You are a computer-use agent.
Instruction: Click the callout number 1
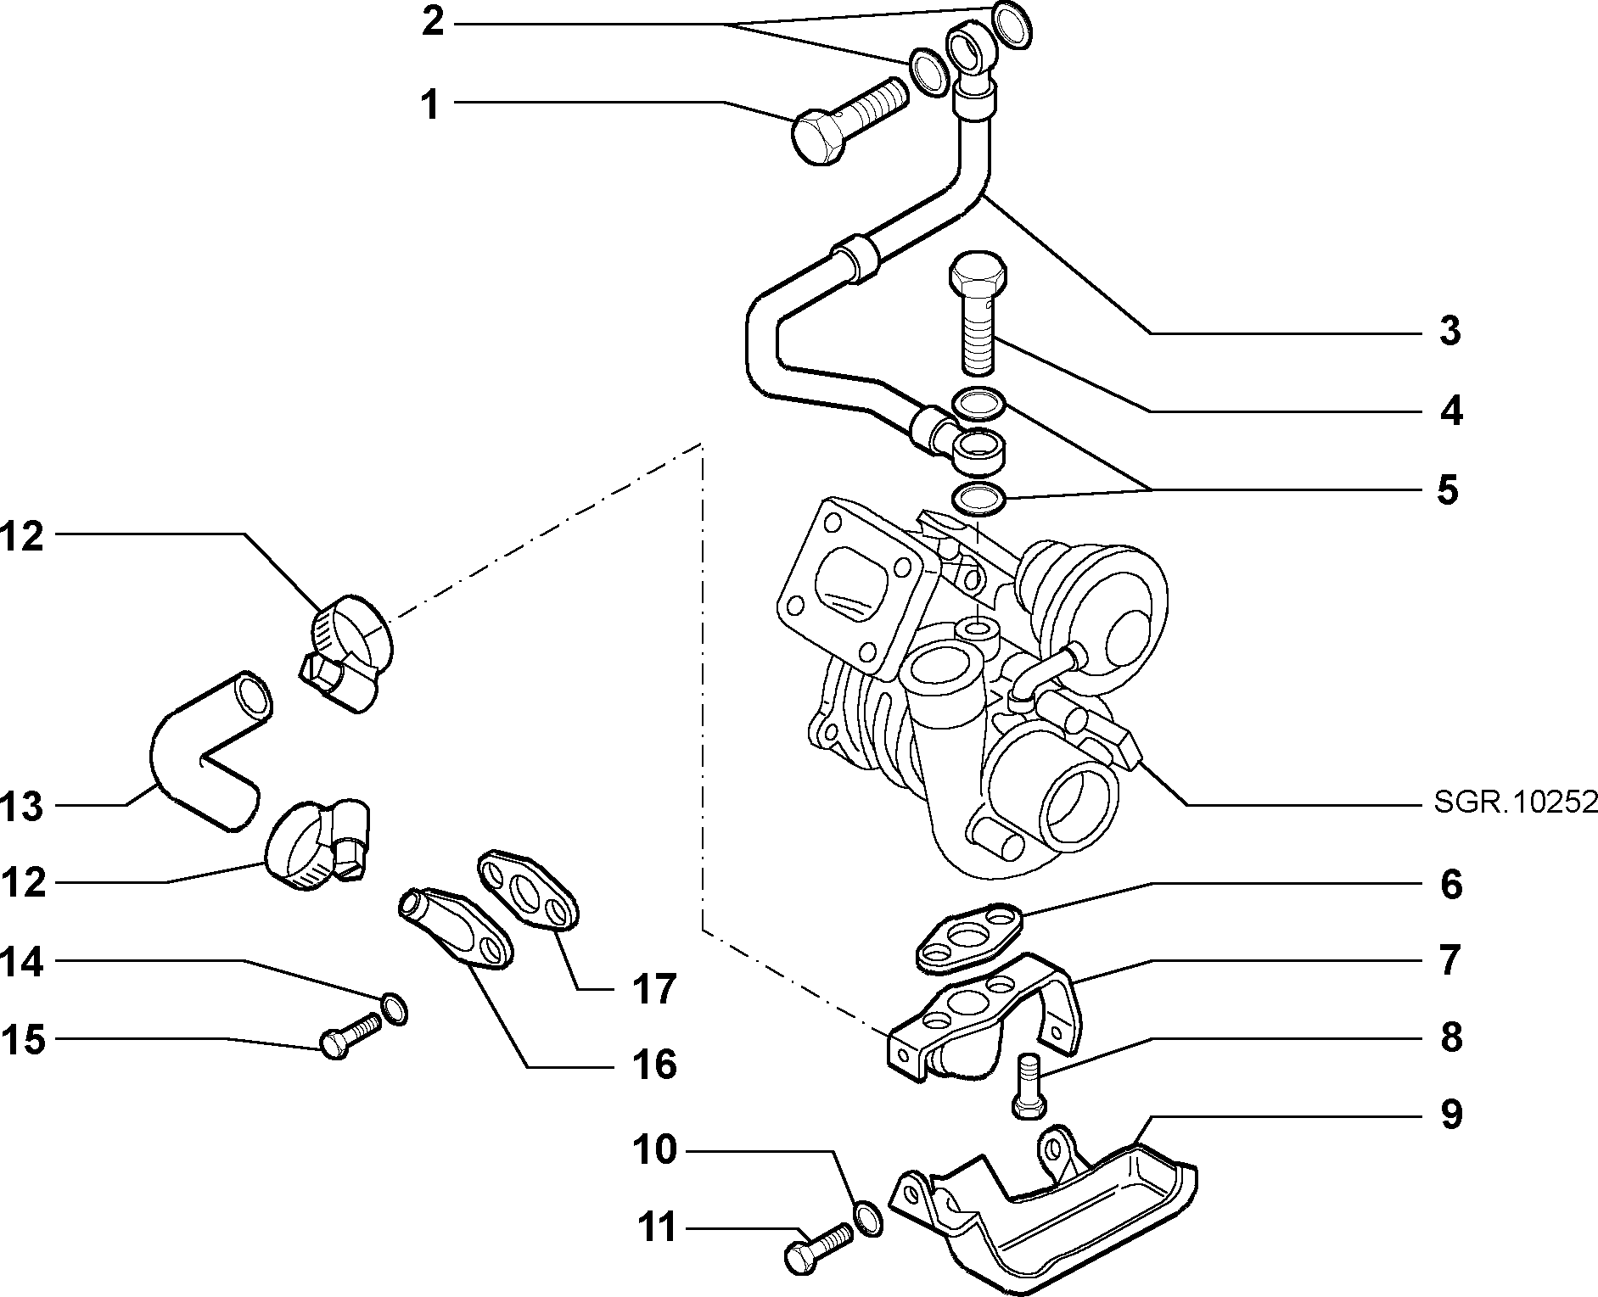click(431, 105)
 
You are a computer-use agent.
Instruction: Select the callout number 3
click(1450, 331)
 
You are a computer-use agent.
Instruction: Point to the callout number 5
click(1449, 490)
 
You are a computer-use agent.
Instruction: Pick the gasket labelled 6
click(970, 936)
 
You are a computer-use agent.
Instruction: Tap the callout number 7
click(1450, 960)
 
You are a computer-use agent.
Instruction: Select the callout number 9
click(1451, 1114)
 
